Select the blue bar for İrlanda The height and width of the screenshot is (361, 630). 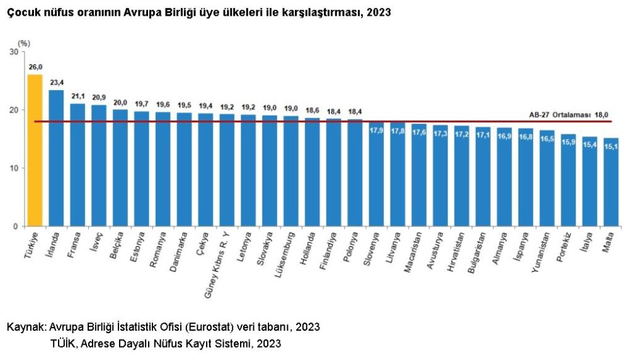point(56,158)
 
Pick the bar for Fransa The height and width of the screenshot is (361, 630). point(77,165)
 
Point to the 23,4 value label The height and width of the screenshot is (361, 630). point(56,82)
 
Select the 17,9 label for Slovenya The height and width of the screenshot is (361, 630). point(377,131)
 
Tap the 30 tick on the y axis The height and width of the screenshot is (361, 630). point(14,52)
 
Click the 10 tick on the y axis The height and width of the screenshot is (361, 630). point(14,168)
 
